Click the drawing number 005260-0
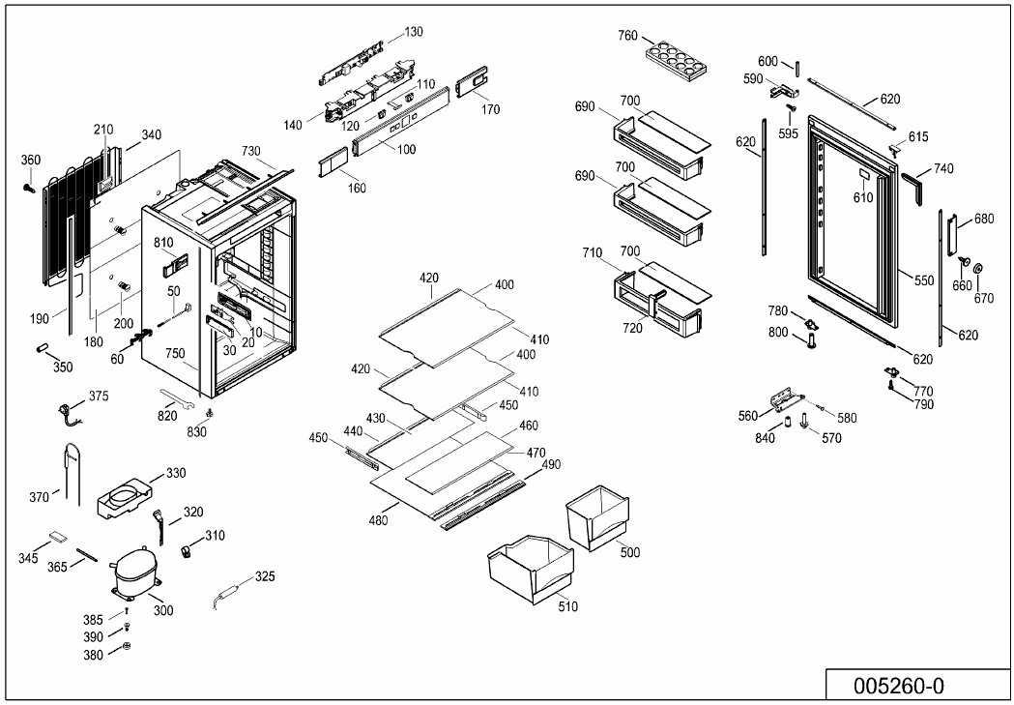(x=898, y=686)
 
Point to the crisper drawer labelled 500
(x=597, y=518)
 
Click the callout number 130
(x=413, y=32)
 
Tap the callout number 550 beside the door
(x=924, y=280)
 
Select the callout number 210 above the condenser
(x=103, y=130)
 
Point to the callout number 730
(x=251, y=151)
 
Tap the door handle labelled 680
(x=952, y=231)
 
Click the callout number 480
(x=378, y=521)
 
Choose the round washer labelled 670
(x=976, y=268)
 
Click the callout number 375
(x=99, y=397)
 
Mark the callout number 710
(x=592, y=253)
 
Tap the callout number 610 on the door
(x=862, y=197)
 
